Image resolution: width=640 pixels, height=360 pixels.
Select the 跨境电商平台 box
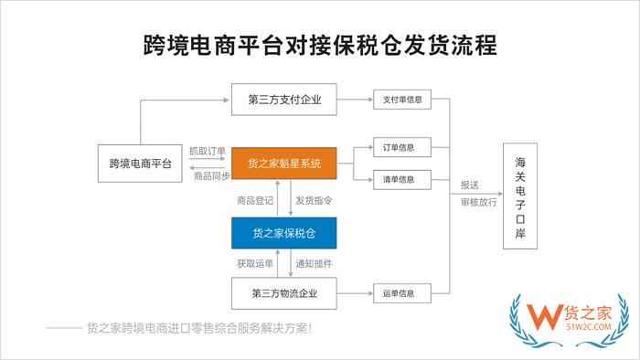[139, 164]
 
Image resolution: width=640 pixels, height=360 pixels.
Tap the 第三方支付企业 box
[284, 99]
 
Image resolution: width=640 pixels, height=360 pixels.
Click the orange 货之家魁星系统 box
[284, 164]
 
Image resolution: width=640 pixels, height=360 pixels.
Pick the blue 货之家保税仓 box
[284, 234]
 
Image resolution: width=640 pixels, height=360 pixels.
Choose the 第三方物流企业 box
[284, 294]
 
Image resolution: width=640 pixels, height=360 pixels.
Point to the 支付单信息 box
[401, 99]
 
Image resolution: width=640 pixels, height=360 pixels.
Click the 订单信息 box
[401, 147]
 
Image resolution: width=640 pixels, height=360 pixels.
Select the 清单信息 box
[401, 179]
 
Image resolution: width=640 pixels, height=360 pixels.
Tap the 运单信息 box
[401, 294]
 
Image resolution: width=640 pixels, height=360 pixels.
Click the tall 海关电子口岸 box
[519, 196]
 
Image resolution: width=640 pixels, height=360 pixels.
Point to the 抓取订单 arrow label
[207, 152]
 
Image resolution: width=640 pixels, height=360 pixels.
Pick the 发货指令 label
[314, 199]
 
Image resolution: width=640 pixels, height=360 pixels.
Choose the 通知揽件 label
[314, 264]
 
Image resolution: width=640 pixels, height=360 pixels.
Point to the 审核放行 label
[479, 203]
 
